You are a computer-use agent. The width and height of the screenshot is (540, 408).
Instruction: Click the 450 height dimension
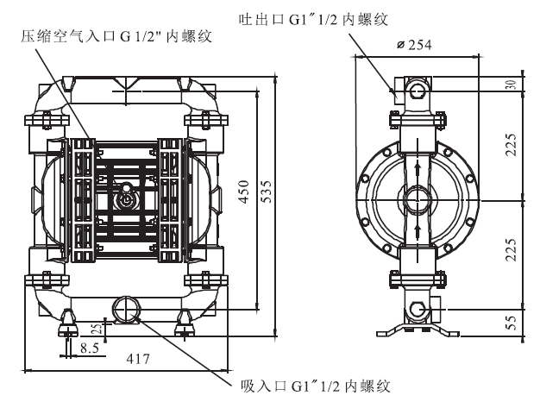pyautogui.click(x=244, y=191)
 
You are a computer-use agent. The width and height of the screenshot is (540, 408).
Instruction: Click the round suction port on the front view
pyautogui.click(x=126, y=308)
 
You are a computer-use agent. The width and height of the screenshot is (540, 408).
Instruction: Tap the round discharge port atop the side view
pyautogui.click(x=418, y=91)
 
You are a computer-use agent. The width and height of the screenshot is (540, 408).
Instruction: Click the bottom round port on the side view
pyautogui.click(x=418, y=309)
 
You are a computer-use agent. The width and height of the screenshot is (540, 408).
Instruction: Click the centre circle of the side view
pyautogui.click(x=418, y=198)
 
